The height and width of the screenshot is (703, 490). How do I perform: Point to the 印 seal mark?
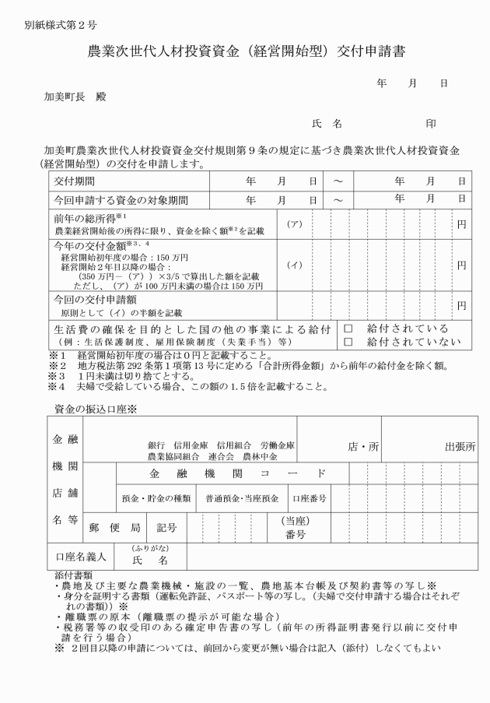431,124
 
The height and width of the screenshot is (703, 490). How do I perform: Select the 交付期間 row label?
74,181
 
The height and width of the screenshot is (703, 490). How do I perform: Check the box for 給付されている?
348,329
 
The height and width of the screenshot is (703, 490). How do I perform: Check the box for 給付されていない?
348,341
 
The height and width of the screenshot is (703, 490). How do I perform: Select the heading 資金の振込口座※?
96,408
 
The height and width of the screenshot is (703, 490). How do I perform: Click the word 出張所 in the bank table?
460,447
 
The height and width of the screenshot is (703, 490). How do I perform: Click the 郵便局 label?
114,527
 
